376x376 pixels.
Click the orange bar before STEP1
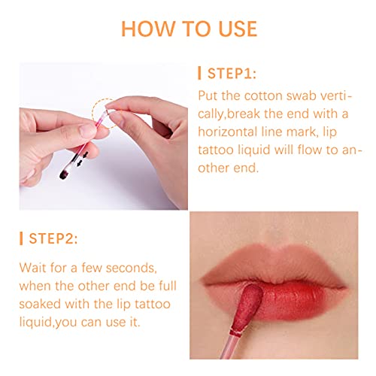[199, 74]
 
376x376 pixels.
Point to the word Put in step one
[211, 96]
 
